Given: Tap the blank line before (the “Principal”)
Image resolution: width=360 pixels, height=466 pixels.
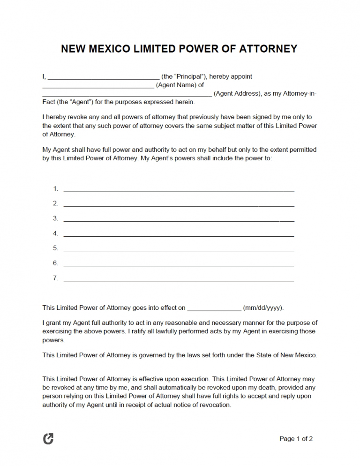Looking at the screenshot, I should pyautogui.click(x=104, y=78).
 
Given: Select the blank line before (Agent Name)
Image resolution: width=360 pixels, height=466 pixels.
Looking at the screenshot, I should pyautogui.click(x=98, y=86).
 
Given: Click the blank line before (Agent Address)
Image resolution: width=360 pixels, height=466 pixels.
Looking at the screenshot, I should pyautogui.click(x=127, y=95).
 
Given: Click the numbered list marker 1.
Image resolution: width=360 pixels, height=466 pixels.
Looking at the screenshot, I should pyautogui.click(x=55, y=188).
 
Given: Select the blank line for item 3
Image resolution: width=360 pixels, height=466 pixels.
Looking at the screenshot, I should pyautogui.click(x=179, y=220).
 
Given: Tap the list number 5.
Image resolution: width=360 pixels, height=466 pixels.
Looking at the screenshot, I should pyautogui.click(x=55, y=248).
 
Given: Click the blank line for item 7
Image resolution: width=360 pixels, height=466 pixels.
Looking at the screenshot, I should pyautogui.click(x=179, y=280).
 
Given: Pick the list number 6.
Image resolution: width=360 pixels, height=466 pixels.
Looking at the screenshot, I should pyautogui.click(x=55, y=263).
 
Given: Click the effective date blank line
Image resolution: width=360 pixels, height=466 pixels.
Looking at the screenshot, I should pyautogui.click(x=214, y=309).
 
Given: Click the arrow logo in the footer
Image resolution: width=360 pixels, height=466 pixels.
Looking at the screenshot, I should pyautogui.click(x=48, y=439).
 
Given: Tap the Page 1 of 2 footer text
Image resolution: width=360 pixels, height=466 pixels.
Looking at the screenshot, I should pyautogui.click(x=296, y=439).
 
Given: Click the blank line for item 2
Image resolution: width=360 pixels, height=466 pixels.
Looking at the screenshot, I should pyautogui.click(x=179, y=205).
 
